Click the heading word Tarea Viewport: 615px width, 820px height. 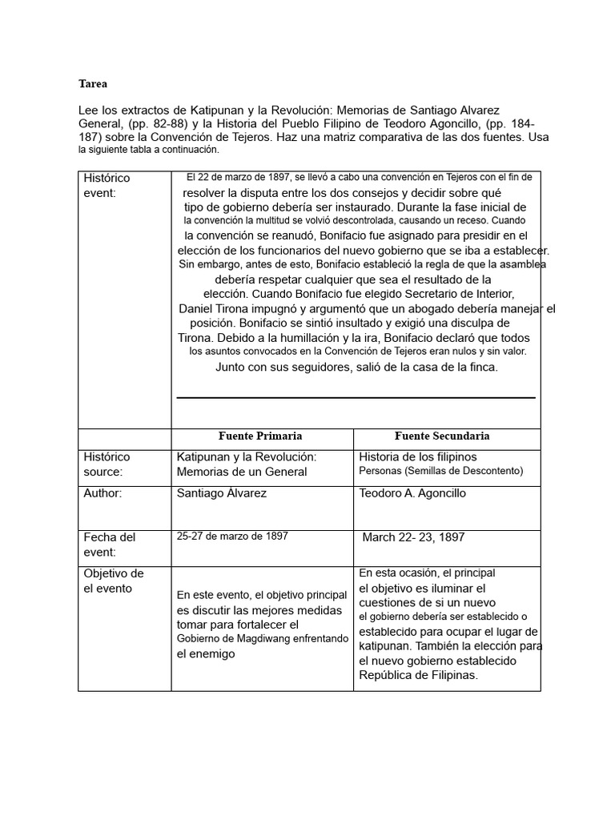point(92,83)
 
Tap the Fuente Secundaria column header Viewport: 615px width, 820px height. point(442,436)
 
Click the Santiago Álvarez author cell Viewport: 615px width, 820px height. point(222,493)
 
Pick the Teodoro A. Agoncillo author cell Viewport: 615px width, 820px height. point(412,493)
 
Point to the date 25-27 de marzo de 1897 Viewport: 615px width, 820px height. point(232,537)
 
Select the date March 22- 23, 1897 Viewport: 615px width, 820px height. point(413,537)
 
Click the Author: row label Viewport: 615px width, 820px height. point(103,493)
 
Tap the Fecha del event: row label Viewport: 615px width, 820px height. point(110,545)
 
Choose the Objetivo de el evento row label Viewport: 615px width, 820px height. point(114,581)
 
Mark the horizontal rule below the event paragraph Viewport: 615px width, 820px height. point(356,397)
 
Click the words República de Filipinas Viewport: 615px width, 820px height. point(418,675)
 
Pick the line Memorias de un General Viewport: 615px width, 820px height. point(242,472)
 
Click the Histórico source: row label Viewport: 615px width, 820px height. point(107,464)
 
